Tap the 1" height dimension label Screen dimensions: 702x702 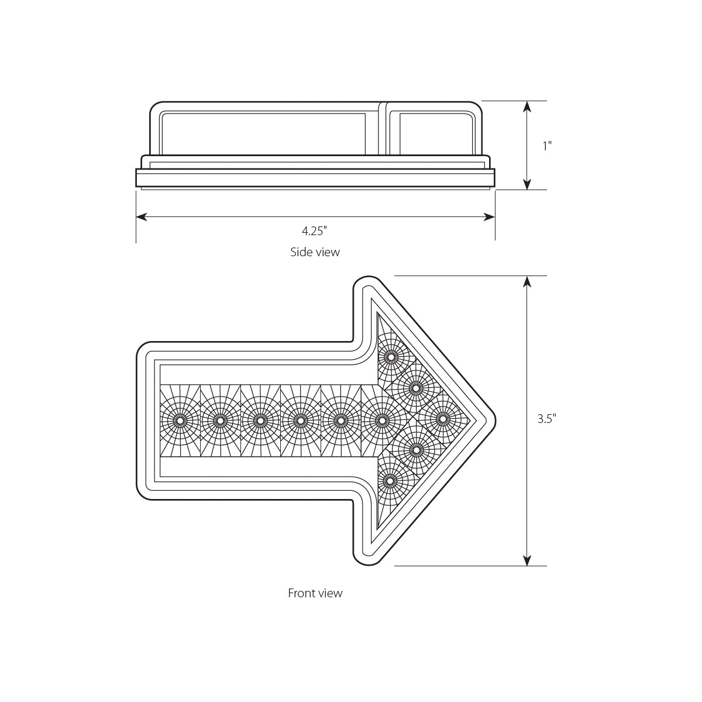coord(547,146)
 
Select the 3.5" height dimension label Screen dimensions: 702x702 coord(546,419)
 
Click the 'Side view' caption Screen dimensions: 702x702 coord(315,252)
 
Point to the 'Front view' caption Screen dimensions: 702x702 coord(315,593)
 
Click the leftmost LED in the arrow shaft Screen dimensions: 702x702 coord(180,420)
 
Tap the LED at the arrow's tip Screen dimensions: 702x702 coord(443,419)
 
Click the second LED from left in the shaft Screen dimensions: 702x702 coord(220,420)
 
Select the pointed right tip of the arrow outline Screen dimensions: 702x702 coord(495,419)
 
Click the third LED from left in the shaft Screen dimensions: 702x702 coord(260,420)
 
